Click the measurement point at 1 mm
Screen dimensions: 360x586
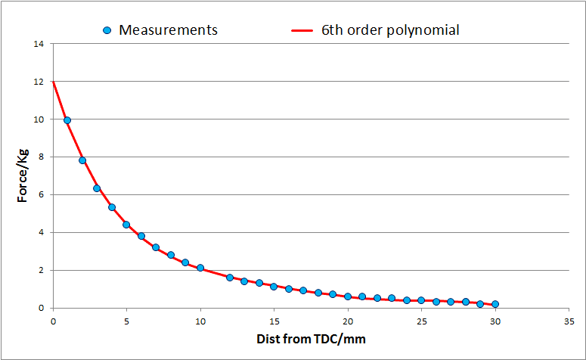pos(67,119)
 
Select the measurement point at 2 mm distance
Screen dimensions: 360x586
pos(82,160)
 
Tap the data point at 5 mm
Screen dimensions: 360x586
pos(126,225)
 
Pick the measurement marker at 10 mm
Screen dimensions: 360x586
pos(200,268)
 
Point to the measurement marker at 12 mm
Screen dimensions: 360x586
pos(230,278)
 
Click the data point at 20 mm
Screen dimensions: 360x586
pos(348,296)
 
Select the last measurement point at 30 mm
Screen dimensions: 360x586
pos(495,304)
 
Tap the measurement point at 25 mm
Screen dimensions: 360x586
pos(421,300)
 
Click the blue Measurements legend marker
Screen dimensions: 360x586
pos(107,30)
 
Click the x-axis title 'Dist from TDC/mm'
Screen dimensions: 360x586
pos(310,339)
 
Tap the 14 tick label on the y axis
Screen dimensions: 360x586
pos(39,44)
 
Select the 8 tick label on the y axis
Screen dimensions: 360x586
pos(41,157)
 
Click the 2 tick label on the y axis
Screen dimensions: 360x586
pos(41,270)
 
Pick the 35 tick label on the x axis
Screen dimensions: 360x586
pos(569,320)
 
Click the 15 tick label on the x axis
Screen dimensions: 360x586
pos(274,320)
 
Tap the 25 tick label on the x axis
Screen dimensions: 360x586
pos(421,320)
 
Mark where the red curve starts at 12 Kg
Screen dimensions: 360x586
pos(53,82)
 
